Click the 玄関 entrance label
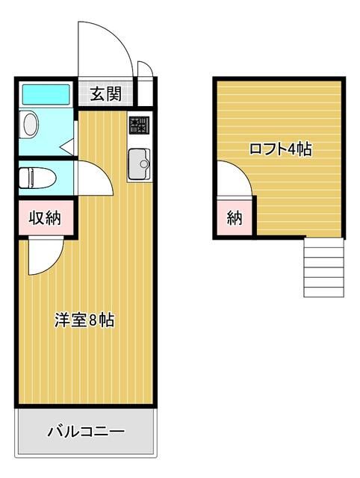pos(106,94)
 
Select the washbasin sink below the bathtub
pos(30,125)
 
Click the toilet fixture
pos(37,178)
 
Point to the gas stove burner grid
pos(140,125)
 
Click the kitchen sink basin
pos(139,164)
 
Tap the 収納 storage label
pos(45,217)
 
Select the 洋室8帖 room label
pos(84,320)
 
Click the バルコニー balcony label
pos(87,432)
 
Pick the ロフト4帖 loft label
pos(281,149)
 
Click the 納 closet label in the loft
pos(235,218)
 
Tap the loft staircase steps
pos(323,267)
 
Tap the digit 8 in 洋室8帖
pos(93,320)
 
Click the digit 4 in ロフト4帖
pos(292,149)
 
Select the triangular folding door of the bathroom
pos(67,147)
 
